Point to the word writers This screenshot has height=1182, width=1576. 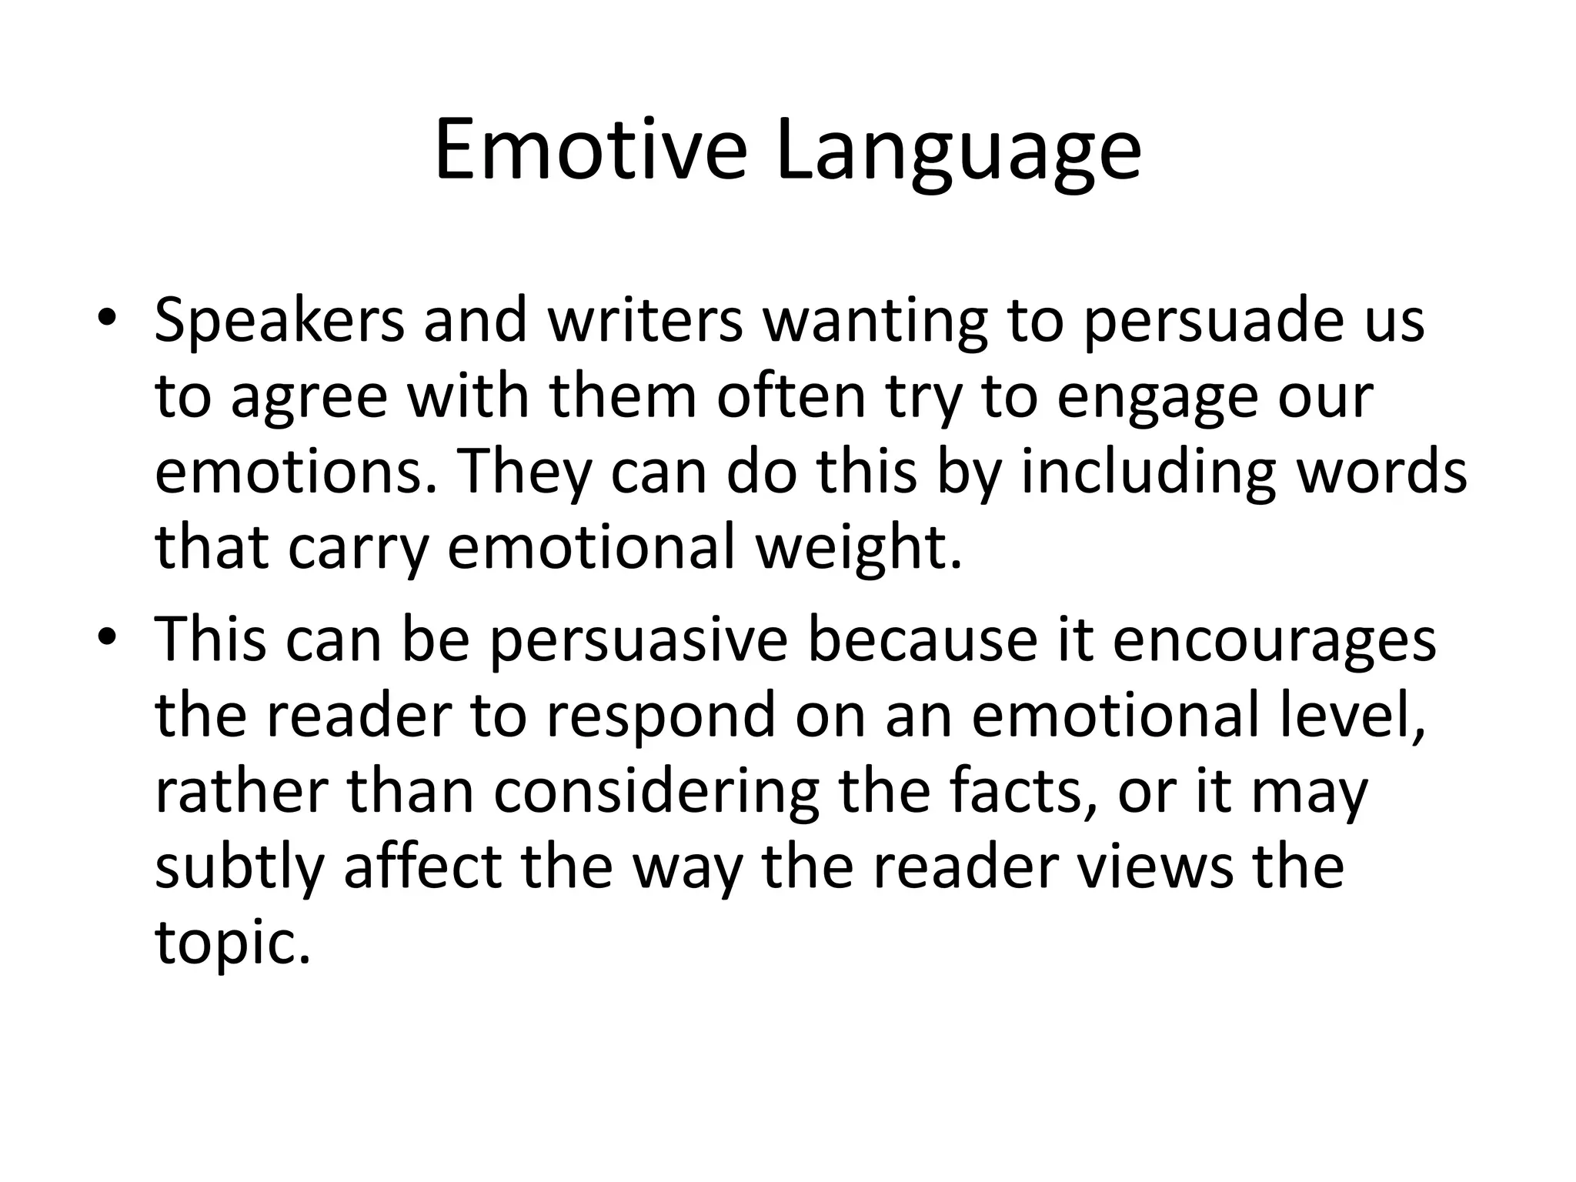coord(645,319)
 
